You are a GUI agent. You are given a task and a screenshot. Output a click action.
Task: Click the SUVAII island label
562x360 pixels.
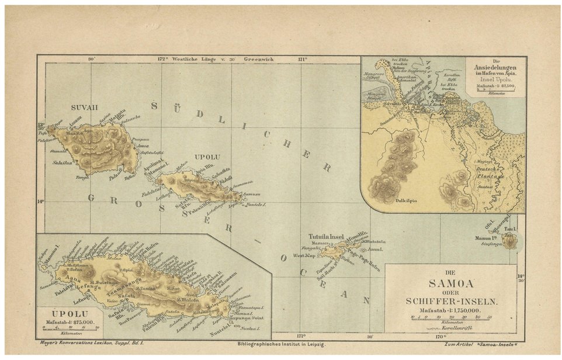click(x=81, y=108)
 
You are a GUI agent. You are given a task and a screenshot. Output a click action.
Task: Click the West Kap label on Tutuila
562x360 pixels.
click(x=306, y=255)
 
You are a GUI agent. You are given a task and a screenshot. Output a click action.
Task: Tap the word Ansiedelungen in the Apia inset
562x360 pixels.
click(x=495, y=68)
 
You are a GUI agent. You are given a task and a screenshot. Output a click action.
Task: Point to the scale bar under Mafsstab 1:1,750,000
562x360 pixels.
click(x=452, y=317)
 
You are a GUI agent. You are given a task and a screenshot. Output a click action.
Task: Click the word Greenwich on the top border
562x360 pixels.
click(x=259, y=59)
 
